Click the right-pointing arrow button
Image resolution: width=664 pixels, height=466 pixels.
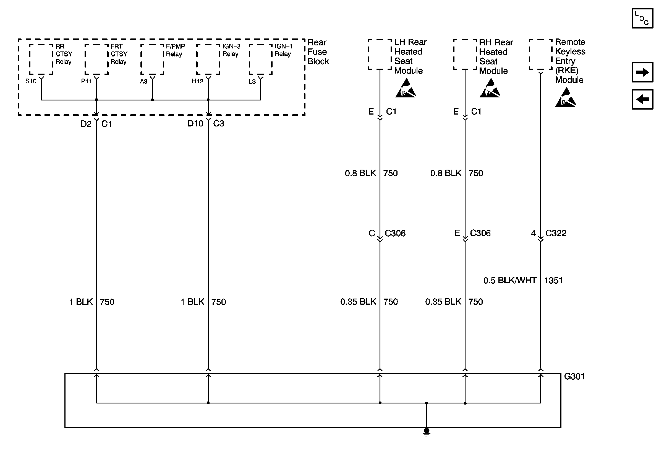[642, 72]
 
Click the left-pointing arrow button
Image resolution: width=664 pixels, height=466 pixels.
[642, 99]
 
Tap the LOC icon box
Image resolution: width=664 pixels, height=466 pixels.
[642, 18]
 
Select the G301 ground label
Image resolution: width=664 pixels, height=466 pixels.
[574, 377]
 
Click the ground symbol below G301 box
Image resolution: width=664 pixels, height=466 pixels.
[426, 432]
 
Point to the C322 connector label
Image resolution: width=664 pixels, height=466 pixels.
[556, 233]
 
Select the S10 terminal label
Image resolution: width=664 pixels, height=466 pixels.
[31, 81]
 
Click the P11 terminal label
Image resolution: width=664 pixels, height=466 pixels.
[87, 81]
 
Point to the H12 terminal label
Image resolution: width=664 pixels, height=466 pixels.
[198, 81]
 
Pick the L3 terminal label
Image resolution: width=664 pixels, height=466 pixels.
[252, 82]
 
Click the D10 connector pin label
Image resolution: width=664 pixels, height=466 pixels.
[195, 123]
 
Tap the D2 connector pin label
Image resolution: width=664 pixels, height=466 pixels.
[86, 124]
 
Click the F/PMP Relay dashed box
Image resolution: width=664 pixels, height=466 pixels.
[152, 59]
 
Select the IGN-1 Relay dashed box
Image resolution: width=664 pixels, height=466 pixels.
[261, 59]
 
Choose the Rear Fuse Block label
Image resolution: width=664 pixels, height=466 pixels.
[318, 52]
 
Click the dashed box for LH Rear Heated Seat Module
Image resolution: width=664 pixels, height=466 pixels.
[380, 55]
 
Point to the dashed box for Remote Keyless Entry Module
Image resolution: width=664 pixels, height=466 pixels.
[540, 55]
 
